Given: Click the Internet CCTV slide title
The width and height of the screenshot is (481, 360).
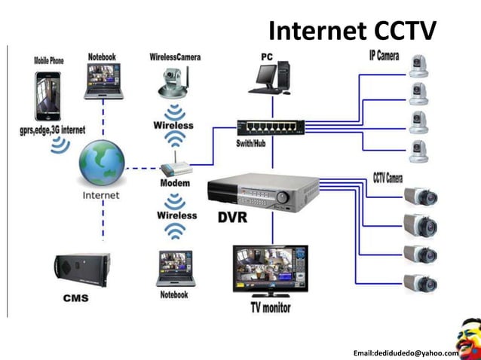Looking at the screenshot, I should coord(352,31).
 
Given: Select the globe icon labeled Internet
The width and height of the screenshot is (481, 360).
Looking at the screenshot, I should coord(101,163).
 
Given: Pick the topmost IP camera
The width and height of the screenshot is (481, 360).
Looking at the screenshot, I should coord(418,66).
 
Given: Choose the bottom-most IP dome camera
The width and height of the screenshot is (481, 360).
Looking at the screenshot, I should coord(418,151).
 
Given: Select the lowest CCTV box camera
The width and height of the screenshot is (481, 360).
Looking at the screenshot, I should coord(420,282).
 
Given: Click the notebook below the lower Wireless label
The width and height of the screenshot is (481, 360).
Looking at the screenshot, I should coord(174,269).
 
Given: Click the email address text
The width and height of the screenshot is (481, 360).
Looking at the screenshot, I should coord(406,352).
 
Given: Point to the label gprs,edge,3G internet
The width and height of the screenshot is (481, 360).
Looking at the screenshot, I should coord(52,130).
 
